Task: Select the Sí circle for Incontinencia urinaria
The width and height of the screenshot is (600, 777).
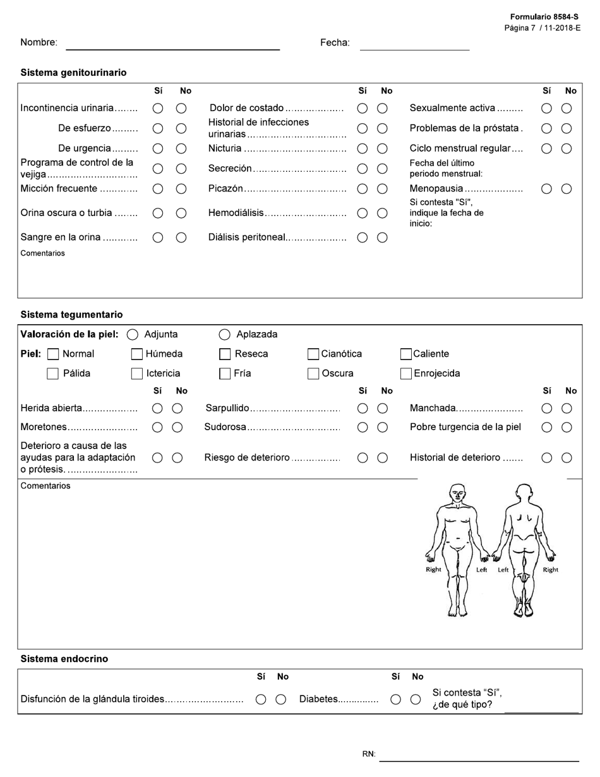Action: [158, 109]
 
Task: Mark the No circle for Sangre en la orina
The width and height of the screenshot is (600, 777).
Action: [181, 238]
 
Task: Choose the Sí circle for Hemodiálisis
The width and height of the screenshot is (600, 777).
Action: [363, 214]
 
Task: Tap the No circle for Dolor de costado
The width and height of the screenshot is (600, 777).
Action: [382, 109]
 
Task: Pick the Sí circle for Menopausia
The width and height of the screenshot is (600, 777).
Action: [547, 189]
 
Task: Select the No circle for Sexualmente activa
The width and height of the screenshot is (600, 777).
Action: [567, 109]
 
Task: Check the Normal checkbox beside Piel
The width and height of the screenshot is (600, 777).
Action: [54, 354]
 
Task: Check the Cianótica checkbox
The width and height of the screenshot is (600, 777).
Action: [313, 354]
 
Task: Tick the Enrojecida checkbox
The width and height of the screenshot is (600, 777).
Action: [407, 374]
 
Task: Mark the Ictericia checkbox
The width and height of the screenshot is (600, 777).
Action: [136, 374]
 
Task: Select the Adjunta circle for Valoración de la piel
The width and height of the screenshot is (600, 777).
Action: [133, 335]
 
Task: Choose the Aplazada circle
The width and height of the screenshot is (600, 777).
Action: [224, 335]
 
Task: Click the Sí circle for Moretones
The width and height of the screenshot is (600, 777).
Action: [158, 428]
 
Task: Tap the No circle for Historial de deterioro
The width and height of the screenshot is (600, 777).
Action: [567, 458]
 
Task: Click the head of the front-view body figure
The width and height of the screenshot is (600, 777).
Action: [457, 493]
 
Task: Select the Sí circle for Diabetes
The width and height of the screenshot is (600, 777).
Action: [395, 699]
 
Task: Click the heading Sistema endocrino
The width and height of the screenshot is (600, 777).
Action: [64, 659]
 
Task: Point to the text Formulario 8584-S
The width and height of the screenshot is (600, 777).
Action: [544, 17]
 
